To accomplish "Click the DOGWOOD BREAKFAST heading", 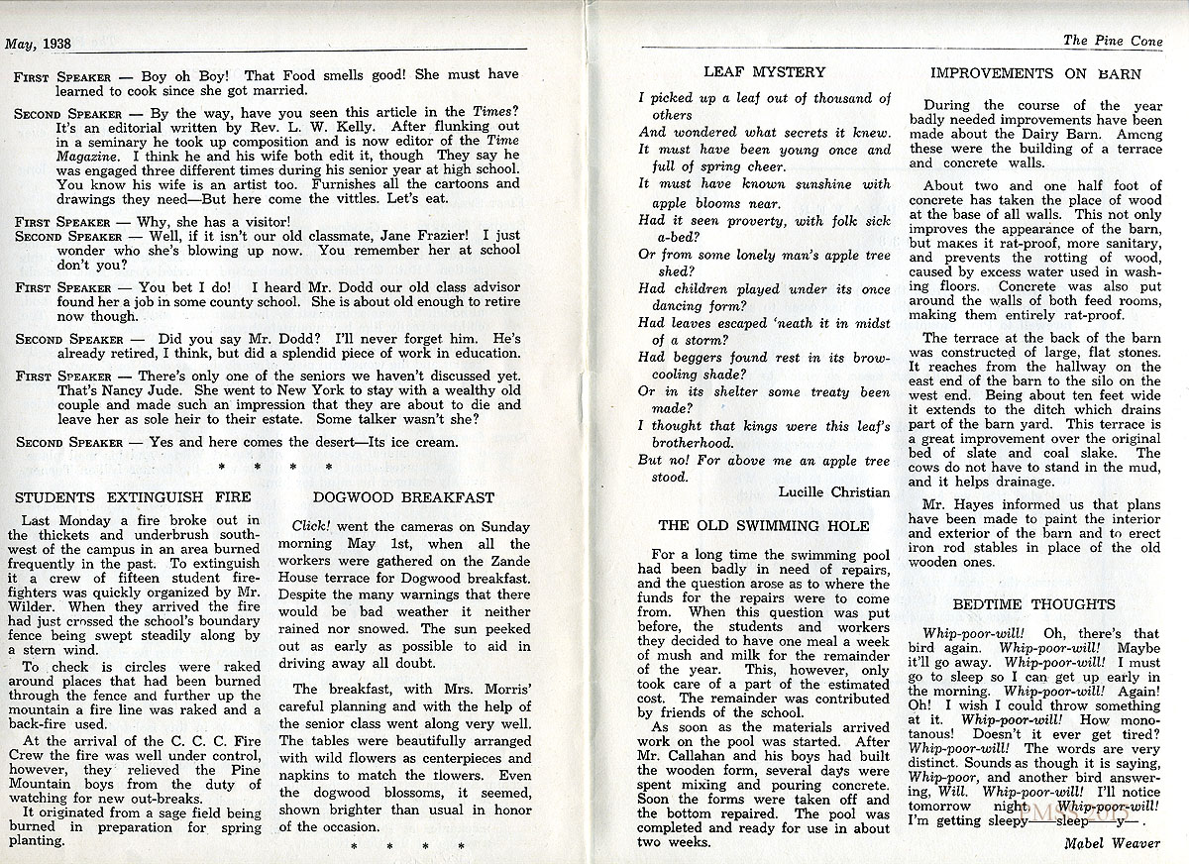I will pyautogui.click(x=403, y=496).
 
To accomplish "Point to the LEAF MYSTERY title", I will pyautogui.click(x=764, y=71).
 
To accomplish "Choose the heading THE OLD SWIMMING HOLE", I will pyautogui.click(x=764, y=525).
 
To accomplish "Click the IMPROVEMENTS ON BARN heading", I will pyautogui.click(x=1036, y=72).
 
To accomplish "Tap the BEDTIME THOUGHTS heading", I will pyautogui.click(x=1033, y=603).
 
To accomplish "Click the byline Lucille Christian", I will pyautogui.click(x=834, y=491).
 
